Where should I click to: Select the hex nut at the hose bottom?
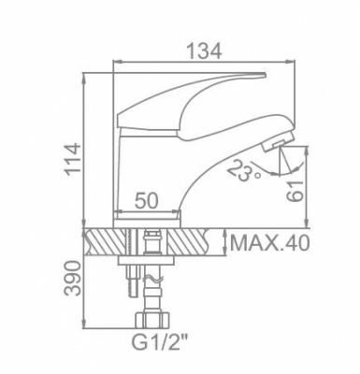tap(151, 324)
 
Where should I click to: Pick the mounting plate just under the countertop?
tap(150, 263)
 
